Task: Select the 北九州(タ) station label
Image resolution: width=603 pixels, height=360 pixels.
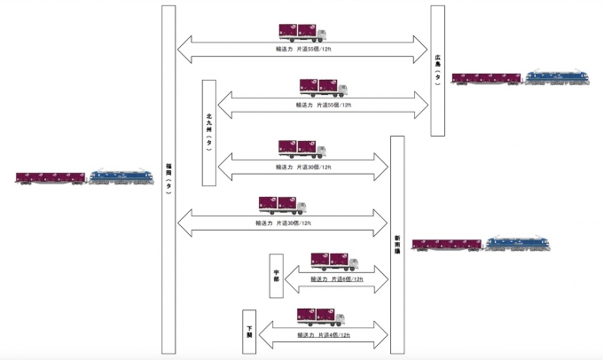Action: pyautogui.click(x=208, y=131)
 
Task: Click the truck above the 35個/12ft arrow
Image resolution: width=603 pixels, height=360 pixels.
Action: pyautogui.click(x=301, y=32)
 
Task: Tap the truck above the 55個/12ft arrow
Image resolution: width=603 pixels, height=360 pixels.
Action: pyautogui.click(x=323, y=87)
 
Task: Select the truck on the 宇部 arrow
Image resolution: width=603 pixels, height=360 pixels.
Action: pyautogui.click(x=333, y=262)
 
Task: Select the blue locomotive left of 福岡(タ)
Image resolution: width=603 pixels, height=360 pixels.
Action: pyautogui.click(x=118, y=176)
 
